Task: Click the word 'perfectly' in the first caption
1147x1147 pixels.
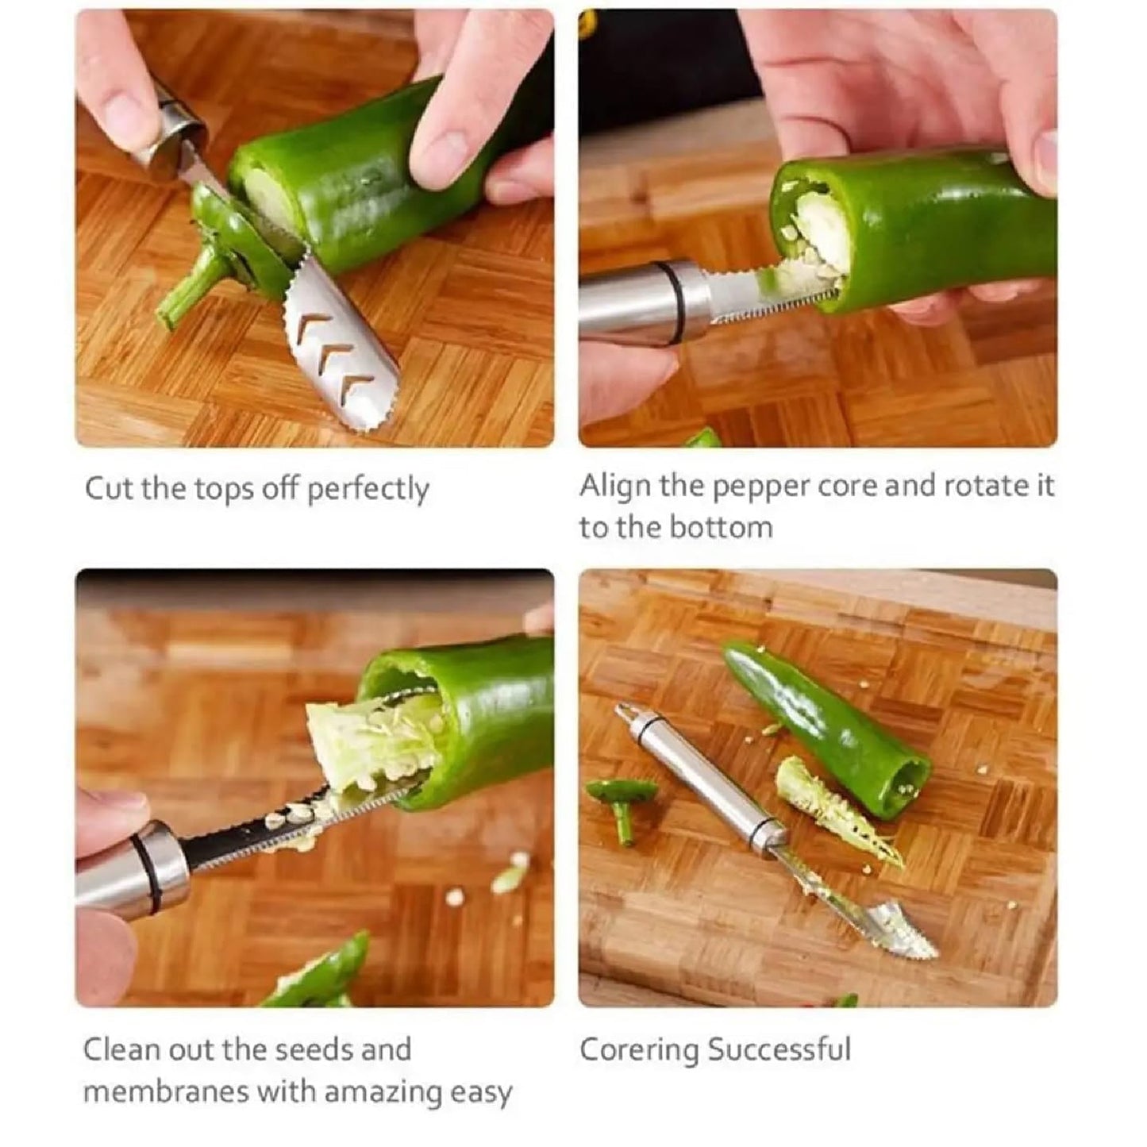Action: tap(368, 490)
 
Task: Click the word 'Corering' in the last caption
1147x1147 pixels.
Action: tap(639, 1049)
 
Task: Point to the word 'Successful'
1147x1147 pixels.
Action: tap(779, 1049)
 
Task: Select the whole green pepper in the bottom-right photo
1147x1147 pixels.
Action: tap(826, 726)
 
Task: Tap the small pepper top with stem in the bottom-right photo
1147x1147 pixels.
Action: tap(622, 802)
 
